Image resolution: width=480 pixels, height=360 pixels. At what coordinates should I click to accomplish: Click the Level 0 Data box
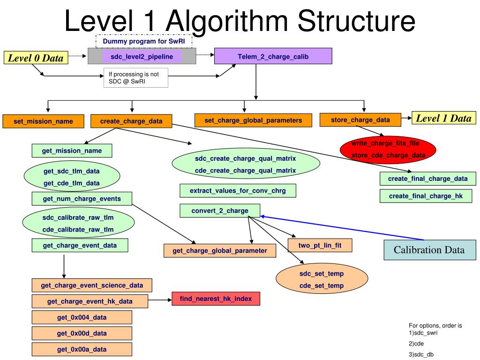click(36, 58)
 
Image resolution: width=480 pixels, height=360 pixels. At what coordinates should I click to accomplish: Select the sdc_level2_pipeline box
click(142, 57)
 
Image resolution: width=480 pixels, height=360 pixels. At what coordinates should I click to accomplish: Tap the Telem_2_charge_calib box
click(273, 56)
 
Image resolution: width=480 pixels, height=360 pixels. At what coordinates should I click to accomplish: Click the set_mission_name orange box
click(43, 121)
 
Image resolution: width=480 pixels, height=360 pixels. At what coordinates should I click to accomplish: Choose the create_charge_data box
click(131, 121)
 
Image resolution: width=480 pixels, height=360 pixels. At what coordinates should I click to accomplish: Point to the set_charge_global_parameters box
click(253, 120)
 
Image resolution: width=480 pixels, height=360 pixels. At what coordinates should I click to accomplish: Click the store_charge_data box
click(360, 120)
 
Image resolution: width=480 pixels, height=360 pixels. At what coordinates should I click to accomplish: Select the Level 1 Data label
click(443, 118)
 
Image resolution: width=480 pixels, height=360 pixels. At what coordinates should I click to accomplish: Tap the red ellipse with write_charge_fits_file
click(388, 149)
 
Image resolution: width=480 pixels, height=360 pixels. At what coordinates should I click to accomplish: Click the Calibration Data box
click(429, 250)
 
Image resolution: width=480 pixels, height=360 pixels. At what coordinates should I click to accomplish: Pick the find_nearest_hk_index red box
click(216, 299)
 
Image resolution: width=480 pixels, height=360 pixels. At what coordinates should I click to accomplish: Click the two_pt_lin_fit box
click(320, 245)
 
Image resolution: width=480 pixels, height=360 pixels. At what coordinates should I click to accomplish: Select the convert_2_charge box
click(220, 210)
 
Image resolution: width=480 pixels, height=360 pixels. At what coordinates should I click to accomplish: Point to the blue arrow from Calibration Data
click(328, 225)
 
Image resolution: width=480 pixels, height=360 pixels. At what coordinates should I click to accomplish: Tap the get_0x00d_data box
click(82, 333)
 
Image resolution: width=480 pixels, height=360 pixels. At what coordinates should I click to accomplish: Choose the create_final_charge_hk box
click(426, 196)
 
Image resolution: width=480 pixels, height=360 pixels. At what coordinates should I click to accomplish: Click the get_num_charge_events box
click(82, 199)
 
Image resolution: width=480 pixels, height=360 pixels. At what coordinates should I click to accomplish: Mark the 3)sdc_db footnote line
click(421, 354)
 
